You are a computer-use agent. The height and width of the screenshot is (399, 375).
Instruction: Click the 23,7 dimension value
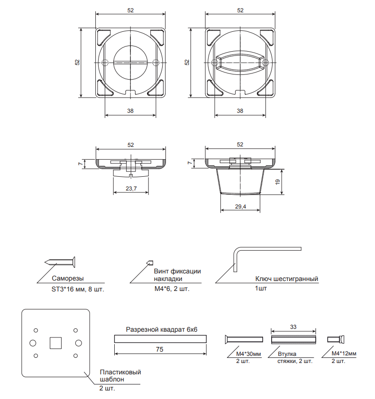click(x=131, y=189)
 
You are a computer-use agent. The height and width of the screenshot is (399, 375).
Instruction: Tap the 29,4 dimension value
click(x=240, y=206)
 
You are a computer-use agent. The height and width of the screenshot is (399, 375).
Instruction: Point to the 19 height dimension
click(x=278, y=182)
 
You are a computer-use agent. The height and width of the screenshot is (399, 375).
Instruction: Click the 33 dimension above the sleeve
click(x=293, y=326)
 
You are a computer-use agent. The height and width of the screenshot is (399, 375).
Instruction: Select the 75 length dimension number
click(x=160, y=349)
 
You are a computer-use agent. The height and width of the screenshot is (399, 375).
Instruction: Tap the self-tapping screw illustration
click(x=60, y=262)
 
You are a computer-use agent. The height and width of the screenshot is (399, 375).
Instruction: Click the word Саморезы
click(x=68, y=278)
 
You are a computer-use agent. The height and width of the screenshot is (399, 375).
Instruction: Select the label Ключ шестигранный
click(x=287, y=279)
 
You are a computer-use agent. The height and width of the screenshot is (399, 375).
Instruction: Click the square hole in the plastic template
click(x=56, y=343)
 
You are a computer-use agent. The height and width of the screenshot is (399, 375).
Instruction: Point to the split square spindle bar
click(x=160, y=339)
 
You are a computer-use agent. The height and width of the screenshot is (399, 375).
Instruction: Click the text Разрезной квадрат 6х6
click(x=162, y=329)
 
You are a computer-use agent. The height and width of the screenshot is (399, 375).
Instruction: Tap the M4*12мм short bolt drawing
click(x=336, y=339)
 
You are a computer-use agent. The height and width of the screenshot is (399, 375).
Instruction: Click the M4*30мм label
click(x=249, y=354)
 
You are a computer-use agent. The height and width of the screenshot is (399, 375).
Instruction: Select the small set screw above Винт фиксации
click(x=150, y=263)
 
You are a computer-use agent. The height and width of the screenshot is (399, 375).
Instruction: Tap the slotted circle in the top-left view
click(x=130, y=62)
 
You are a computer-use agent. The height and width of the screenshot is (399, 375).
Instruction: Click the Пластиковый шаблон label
click(x=120, y=376)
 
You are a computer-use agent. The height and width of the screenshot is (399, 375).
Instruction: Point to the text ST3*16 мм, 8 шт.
click(x=78, y=290)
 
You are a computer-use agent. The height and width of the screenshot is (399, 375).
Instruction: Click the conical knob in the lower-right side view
click(x=240, y=181)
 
